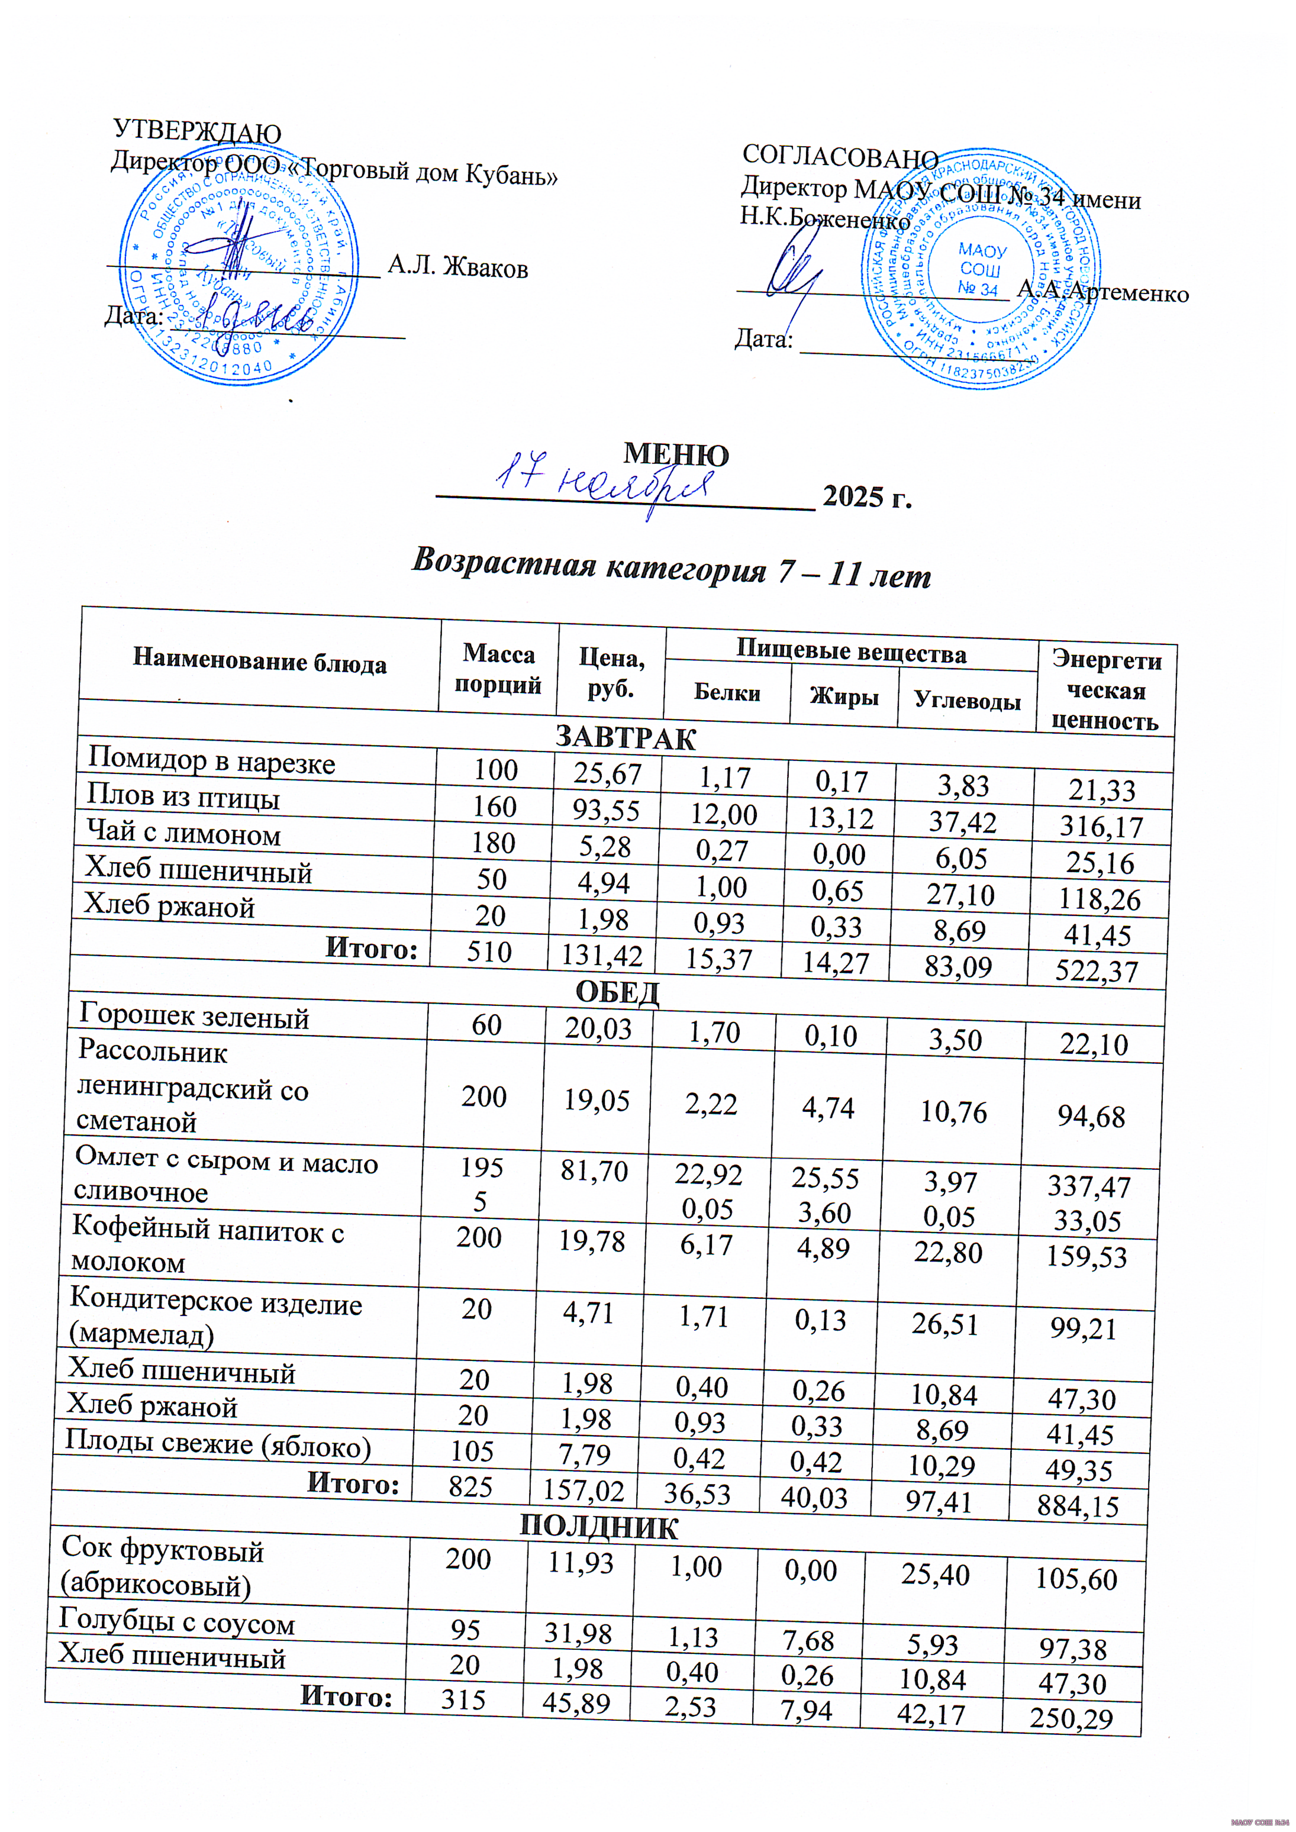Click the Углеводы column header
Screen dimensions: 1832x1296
967,701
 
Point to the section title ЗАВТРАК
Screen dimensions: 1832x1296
626,737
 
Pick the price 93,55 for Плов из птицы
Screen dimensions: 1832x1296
607,811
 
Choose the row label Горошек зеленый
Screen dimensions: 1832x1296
194,1017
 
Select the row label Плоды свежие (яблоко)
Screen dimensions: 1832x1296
218,1445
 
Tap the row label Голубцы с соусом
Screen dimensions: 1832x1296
176,1623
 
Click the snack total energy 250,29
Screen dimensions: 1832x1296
1071,1718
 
